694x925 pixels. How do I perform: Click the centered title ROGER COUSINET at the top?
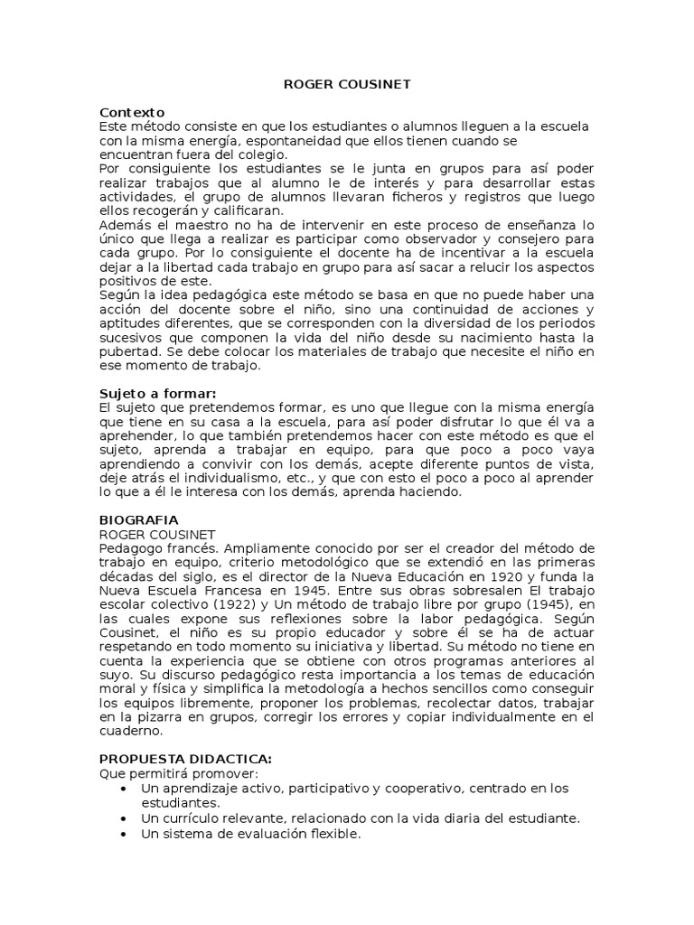click(347, 84)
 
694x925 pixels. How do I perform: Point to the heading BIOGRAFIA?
click(137, 520)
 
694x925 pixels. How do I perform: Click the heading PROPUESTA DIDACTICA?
click(184, 760)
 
